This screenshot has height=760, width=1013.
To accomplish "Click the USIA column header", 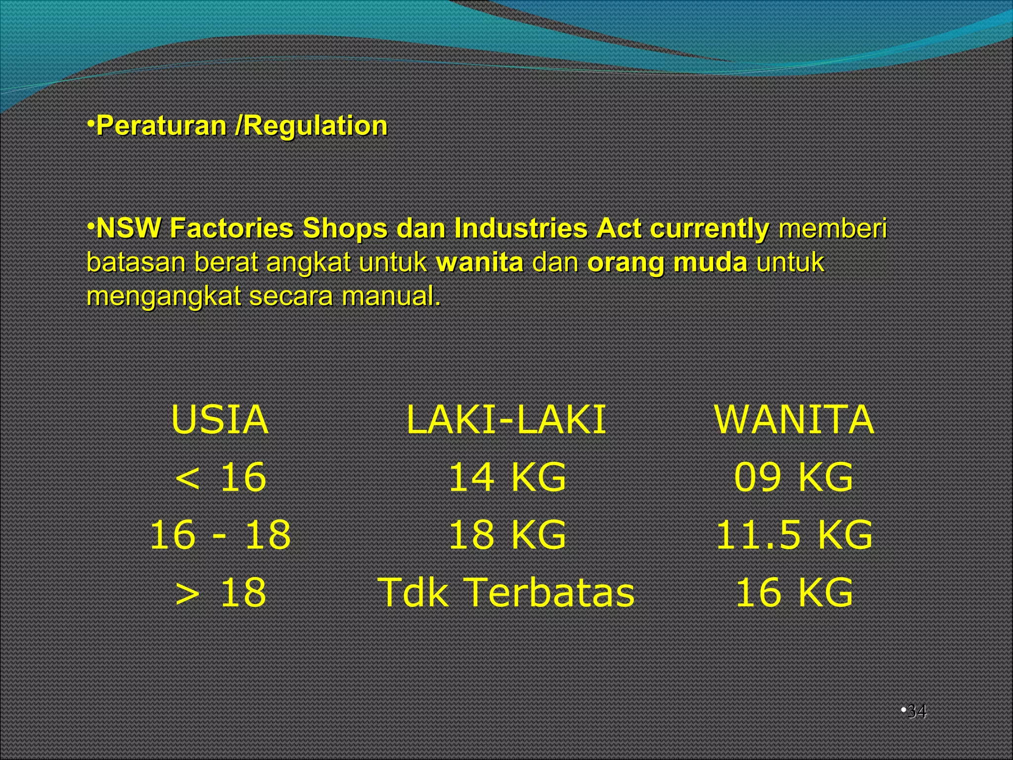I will (x=220, y=420).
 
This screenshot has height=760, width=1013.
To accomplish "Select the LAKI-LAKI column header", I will (x=506, y=420).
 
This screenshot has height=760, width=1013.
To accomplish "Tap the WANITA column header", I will (x=794, y=420).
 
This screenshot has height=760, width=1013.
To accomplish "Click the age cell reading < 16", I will (x=221, y=477).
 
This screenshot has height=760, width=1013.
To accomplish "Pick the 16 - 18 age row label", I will (x=221, y=535).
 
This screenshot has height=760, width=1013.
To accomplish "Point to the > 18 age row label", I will (x=221, y=592).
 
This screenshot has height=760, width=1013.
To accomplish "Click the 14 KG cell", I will (x=506, y=477).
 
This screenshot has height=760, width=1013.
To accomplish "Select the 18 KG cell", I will (x=506, y=535).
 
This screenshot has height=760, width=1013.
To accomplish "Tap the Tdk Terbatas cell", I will (x=506, y=592).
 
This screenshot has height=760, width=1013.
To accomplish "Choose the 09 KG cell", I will (x=793, y=477).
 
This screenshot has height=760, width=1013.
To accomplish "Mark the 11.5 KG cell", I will (x=794, y=535).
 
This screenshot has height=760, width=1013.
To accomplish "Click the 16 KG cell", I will (x=794, y=592).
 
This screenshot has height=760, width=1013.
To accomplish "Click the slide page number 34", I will (x=917, y=712).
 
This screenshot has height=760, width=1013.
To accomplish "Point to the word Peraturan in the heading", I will (x=161, y=126).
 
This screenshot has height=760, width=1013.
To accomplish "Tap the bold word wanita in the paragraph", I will (x=479, y=262).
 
